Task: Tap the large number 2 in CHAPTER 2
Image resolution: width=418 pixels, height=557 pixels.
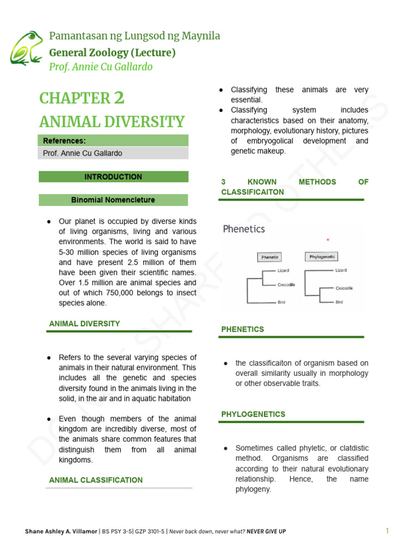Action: click(119, 98)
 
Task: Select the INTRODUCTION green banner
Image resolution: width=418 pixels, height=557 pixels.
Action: click(113, 177)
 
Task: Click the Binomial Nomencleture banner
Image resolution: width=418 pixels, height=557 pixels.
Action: click(113, 200)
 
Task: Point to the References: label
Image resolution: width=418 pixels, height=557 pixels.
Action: click(64, 141)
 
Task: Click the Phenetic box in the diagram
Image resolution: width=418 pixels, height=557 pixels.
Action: click(270, 257)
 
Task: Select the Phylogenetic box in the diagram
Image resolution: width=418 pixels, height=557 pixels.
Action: click(322, 257)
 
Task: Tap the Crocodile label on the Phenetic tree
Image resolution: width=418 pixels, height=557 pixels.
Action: click(286, 284)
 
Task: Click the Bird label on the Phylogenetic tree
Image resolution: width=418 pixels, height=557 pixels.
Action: click(339, 302)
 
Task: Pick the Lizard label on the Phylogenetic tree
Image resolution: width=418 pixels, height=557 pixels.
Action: click(341, 270)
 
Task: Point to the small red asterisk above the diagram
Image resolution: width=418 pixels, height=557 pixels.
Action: click(327, 240)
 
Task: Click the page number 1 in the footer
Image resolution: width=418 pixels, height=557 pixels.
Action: click(388, 531)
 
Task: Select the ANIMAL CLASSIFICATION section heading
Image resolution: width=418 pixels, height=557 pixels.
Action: click(96, 480)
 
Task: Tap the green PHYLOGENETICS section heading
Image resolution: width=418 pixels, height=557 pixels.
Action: click(253, 414)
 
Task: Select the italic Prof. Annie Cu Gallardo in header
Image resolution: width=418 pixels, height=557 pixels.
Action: click(101, 67)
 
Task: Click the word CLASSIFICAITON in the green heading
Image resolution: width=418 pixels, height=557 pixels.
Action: click(253, 192)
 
